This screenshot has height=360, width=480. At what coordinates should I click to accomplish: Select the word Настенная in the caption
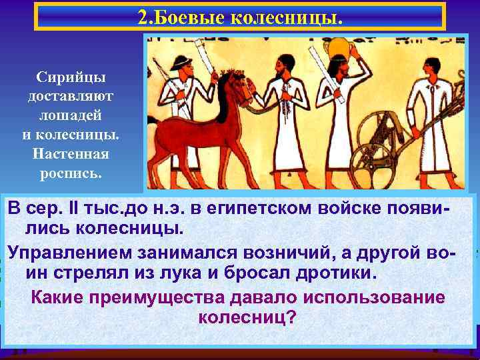[70, 153]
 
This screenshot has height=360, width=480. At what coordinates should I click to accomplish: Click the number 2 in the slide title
[143, 17]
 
